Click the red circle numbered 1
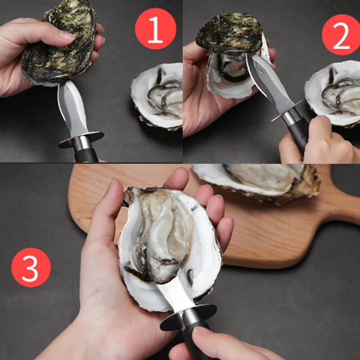click(x=155, y=29)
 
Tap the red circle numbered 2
click(x=341, y=34)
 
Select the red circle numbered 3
click(x=31, y=267)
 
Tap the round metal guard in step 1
click(x=81, y=139)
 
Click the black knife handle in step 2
click(x=298, y=132)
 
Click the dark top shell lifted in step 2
click(x=229, y=34)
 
